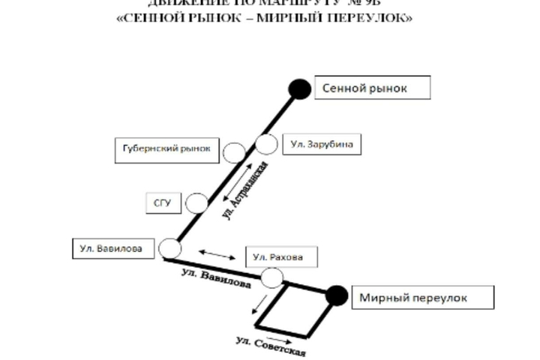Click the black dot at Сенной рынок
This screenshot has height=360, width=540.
click(300, 90)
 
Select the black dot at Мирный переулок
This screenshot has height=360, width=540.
click(337, 296)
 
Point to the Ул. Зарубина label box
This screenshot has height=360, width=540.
click(321, 144)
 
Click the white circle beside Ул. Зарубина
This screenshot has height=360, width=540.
click(266, 143)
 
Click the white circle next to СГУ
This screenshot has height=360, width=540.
click(197, 202)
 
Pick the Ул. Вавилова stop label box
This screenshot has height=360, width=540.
click(112, 247)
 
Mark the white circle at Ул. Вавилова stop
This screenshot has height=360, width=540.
click(170, 249)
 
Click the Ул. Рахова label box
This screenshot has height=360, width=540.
click(280, 257)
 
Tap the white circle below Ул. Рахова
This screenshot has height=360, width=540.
click(272, 279)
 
